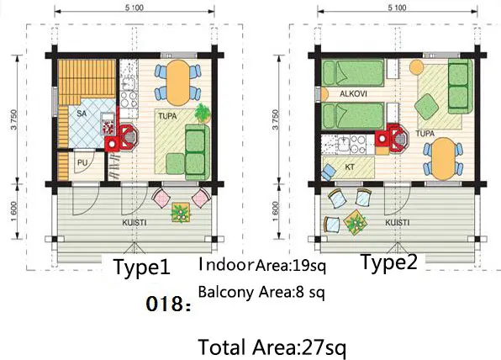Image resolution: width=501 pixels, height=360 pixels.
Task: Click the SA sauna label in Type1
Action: pyautogui.click(x=82, y=114)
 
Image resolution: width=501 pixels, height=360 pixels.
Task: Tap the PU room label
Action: pyautogui.click(x=82, y=162)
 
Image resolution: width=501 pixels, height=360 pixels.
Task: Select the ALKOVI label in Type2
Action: pyautogui.click(x=353, y=94)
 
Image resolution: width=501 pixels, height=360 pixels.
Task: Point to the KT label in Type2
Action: pyautogui.click(x=350, y=167)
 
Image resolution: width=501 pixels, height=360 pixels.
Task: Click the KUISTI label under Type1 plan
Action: pyautogui.click(x=134, y=223)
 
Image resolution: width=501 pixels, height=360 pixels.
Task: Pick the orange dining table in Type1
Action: pyautogui.click(x=178, y=82)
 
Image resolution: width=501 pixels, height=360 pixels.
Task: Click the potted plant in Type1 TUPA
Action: pyautogui.click(x=203, y=113)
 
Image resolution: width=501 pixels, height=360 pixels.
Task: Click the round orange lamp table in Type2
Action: pyautogui.click(x=417, y=67)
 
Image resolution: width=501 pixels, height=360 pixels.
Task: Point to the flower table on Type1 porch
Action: pyautogui.click(x=181, y=213)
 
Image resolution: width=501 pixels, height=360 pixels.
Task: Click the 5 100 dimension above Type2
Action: pyautogui.click(x=397, y=8)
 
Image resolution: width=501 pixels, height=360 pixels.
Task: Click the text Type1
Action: pyautogui.click(x=142, y=267)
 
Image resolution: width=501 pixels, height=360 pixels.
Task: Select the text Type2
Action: pyautogui.click(x=389, y=262)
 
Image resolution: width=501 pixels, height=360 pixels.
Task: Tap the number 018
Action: pyautogui.click(x=168, y=304)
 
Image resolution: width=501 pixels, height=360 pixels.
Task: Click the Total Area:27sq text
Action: pyautogui.click(x=272, y=347)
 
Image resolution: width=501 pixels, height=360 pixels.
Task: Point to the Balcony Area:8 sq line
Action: pyautogui.click(x=261, y=292)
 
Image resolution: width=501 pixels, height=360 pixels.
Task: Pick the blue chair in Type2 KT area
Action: pyautogui.click(x=329, y=172)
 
